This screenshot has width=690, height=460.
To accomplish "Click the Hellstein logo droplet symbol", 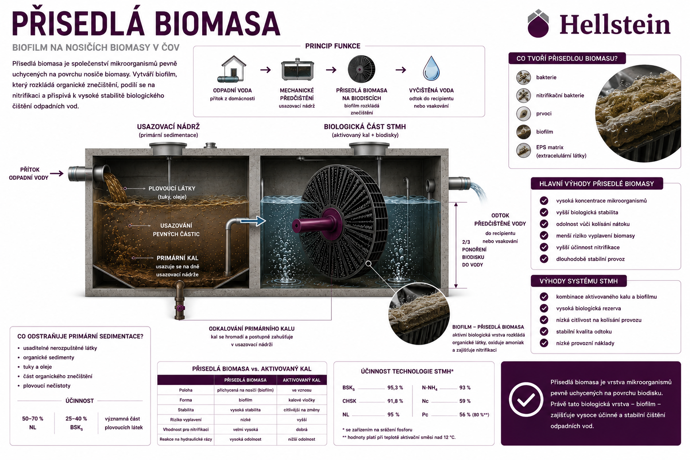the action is (538, 24).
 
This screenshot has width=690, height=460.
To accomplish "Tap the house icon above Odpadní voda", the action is (233, 69).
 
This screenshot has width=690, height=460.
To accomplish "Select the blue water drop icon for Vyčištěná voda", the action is (431, 68).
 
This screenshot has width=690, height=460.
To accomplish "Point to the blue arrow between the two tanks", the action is (253, 221).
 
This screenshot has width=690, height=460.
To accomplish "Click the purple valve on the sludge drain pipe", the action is (180, 308).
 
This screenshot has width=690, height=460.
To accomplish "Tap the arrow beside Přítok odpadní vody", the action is (57, 173).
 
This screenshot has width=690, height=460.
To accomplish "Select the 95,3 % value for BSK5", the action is (395, 388).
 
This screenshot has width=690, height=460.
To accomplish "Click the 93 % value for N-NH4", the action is (465, 388).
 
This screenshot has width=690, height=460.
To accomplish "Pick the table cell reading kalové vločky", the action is (301, 400).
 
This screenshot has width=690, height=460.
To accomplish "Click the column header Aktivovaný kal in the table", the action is (301, 380).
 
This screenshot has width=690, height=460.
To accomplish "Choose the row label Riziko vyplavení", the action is (186, 420).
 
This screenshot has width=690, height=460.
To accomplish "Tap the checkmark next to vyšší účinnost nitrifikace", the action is (544, 247).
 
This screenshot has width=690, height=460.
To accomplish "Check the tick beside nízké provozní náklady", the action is (544, 343).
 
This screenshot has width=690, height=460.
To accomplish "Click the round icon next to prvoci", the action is (523, 114).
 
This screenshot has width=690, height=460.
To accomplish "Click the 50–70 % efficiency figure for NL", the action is (33, 419).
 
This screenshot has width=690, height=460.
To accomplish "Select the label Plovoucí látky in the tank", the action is (172, 189).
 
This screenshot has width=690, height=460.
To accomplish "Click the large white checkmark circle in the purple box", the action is (526, 399).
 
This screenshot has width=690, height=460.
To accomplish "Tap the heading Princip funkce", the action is (333, 46).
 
